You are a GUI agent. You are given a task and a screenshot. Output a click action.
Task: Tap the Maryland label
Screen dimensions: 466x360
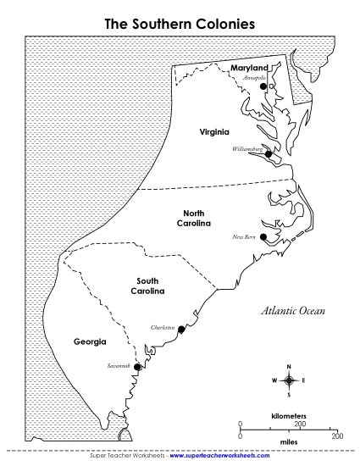click(249, 68)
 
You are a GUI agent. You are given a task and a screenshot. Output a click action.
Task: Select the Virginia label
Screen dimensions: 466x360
click(214, 132)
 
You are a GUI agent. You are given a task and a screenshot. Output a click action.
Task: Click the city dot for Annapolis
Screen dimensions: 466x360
click(263, 86)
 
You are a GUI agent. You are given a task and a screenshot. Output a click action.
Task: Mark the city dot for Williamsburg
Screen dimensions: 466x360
click(268, 154)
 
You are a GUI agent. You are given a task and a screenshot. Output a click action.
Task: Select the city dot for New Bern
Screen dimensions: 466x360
click(263, 236)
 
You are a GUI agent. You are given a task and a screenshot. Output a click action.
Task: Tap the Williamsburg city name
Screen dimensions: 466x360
click(248, 149)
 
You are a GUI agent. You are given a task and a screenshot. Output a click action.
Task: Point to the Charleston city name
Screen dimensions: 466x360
click(162, 327)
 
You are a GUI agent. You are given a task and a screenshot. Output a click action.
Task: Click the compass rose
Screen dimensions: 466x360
click(289, 380)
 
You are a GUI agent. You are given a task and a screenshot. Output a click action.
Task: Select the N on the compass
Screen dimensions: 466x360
click(289, 366)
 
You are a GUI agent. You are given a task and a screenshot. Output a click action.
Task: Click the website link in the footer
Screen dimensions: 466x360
click(222, 456)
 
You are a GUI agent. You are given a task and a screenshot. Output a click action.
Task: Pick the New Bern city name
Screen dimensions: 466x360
click(243, 237)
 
